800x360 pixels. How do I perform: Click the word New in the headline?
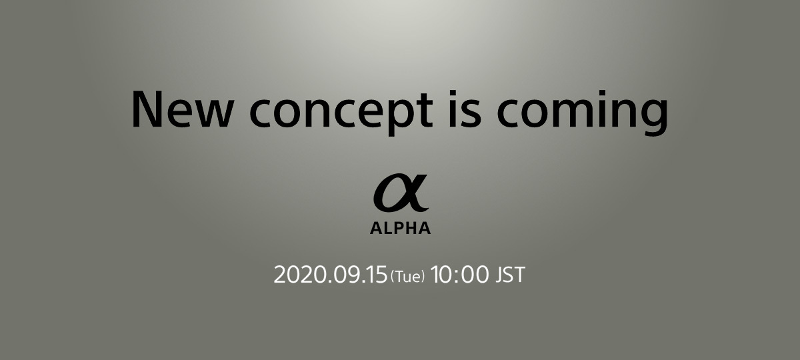(x=183, y=109)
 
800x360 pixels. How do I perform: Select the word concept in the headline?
(x=341, y=113)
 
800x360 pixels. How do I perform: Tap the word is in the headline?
(x=465, y=109)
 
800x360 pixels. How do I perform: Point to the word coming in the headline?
(x=582, y=113)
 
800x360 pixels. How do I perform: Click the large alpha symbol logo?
(x=401, y=193)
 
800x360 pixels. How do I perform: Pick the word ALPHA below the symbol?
(x=401, y=228)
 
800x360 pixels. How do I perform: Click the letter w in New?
(x=215, y=114)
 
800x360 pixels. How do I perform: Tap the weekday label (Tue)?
(x=408, y=277)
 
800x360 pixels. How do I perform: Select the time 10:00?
(x=459, y=275)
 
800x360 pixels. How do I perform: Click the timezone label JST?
(x=511, y=275)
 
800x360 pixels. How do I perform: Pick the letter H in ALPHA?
(x=411, y=228)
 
